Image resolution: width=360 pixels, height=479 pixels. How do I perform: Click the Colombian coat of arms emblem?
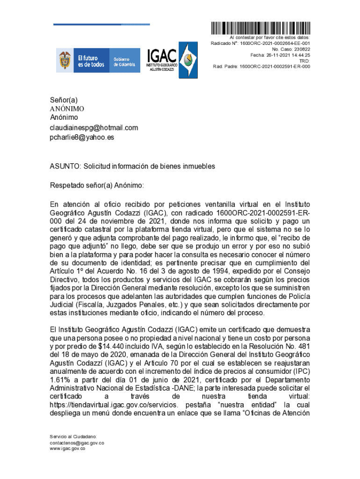tap(64, 60)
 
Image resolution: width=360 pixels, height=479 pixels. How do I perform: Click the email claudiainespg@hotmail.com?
tap(94, 128)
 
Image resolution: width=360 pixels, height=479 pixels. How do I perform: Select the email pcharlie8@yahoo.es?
tap(82, 138)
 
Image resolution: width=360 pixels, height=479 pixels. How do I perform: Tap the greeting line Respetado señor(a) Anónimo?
tap(97, 185)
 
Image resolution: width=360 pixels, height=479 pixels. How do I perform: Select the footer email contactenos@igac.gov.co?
tap(77, 443)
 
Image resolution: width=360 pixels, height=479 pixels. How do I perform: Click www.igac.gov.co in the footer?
tap(68, 449)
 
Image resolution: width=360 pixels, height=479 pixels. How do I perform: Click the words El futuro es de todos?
tap(91, 61)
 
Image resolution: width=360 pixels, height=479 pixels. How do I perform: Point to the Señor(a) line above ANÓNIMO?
tap(64, 100)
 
